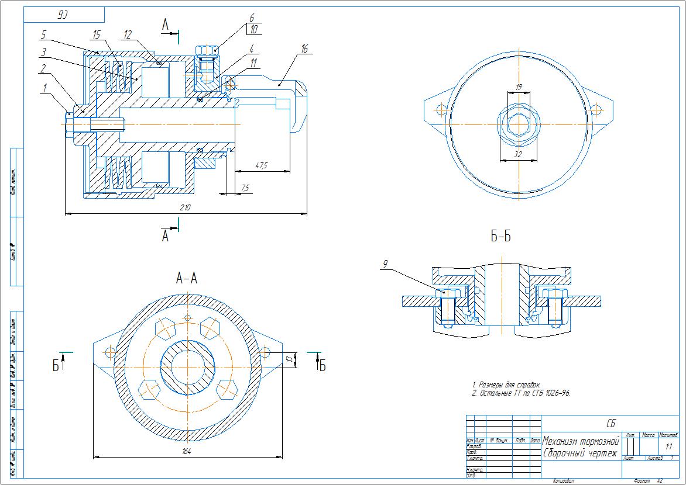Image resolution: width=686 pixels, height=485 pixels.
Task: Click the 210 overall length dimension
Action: point(186,208)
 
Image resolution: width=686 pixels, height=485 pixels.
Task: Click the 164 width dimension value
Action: point(187,452)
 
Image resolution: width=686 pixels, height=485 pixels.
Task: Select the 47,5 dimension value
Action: point(262,166)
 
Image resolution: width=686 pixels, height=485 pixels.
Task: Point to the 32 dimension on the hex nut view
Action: point(518,155)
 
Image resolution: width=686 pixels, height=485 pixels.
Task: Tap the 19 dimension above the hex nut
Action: point(518,87)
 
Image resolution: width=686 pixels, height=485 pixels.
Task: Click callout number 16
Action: point(304,50)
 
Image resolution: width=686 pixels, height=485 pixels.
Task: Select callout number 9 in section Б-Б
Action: point(385,265)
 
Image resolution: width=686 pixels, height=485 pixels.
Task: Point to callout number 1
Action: point(44,89)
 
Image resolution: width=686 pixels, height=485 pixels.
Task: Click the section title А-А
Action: point(187,279)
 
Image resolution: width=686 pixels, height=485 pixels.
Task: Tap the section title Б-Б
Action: point(500,237)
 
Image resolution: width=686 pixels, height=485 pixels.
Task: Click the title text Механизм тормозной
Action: point(581,441)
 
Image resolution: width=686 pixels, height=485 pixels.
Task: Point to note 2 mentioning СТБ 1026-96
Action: point(521,393)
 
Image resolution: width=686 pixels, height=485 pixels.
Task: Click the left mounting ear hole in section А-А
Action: point(109,352)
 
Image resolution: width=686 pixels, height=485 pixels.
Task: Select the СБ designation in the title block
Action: point(610,423)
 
